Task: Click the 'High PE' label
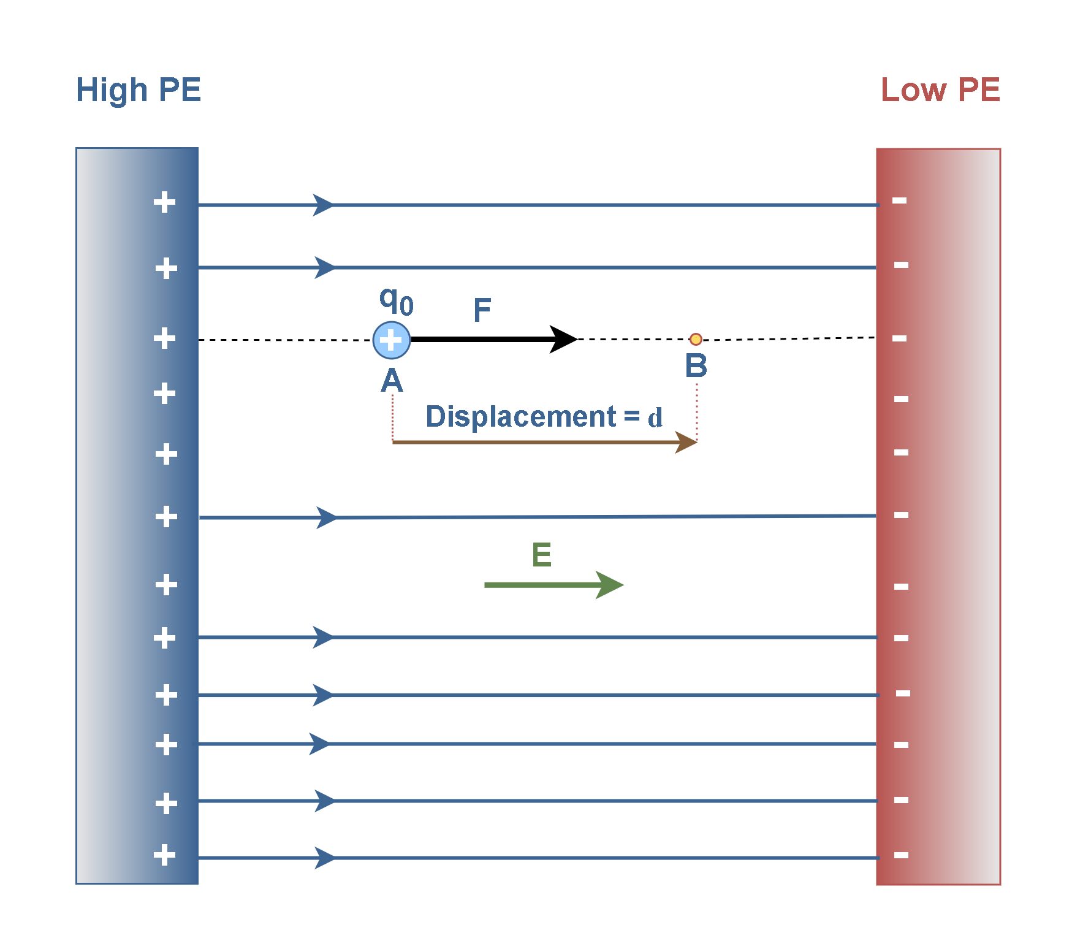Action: click(x=139, y=91)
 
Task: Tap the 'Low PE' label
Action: click(x=940, y=90)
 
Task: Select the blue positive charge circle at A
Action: click(x=392, y=340)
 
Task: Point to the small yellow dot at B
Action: click(x=696, y=339)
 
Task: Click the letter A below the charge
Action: click(x=392, y=380)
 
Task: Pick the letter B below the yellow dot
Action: click(x=696, y=365)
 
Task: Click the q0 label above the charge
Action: click(x=397, y=300)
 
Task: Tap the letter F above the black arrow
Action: click(x=482, y=310)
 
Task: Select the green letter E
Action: click(x=542, y=555)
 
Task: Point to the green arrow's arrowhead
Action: click(x=610, y=585)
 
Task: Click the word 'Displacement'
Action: click(x=521, y=417)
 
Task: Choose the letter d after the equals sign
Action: click(x=655, y=418)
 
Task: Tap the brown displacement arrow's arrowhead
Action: click(x=686, y=441)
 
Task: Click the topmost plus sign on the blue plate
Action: click(x=164, y=202)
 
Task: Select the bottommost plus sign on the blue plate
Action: click(x=164, y=855)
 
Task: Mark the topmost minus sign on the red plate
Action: click(x=899, y=200)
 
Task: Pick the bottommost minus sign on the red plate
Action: click(x=901, y=855)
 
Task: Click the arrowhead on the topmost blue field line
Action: click(x=324, y=205)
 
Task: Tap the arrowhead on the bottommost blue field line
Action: click(x=325, y=858)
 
